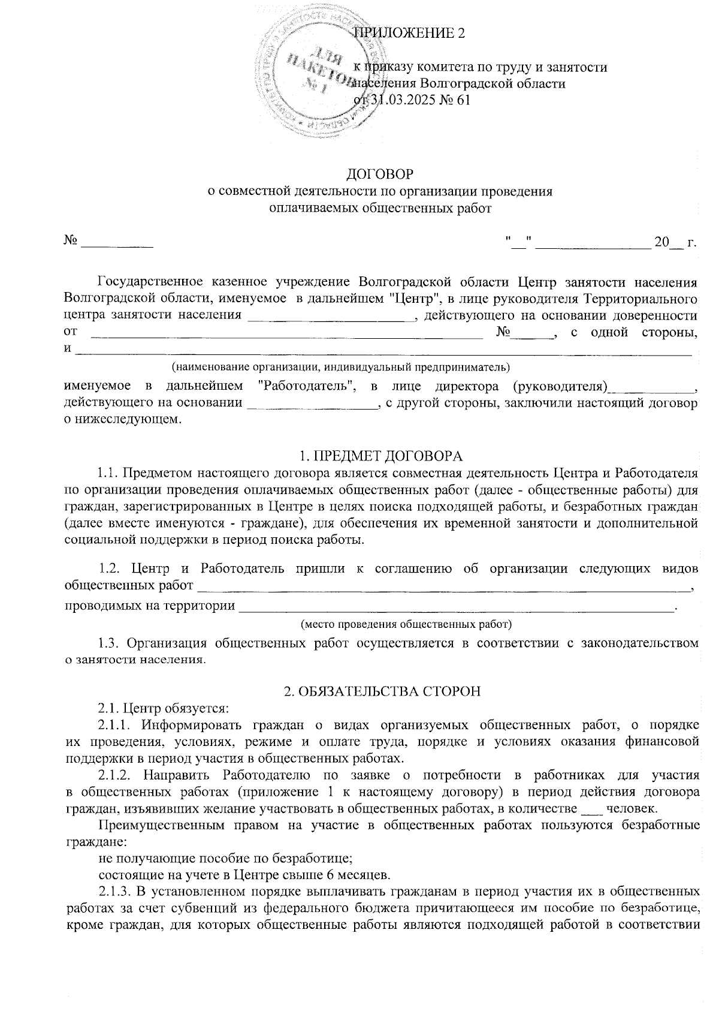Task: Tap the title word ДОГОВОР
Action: (x=380, y=174)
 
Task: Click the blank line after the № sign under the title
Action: (x=117, y=243)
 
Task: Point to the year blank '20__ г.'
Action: (x=676, y=243)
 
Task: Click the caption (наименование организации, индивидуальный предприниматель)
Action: (x=341, y=366)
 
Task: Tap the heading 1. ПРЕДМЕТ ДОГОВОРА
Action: (x=380, y=455)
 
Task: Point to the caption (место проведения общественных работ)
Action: (x=406, y=624)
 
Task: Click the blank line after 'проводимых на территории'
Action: (x=456, y=607)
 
